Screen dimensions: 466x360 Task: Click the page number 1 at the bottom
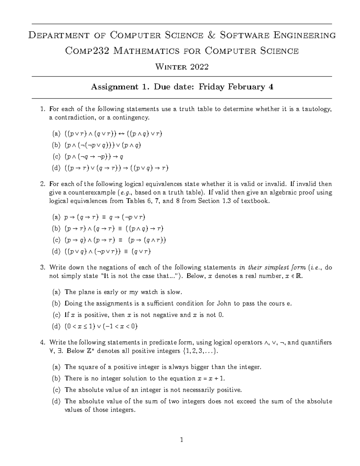[x=181, y=440]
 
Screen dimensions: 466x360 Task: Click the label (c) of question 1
[x=56, y=157]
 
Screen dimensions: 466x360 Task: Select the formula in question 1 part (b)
[x=102, y=145]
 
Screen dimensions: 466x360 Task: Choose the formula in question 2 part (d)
[x=107, y=251]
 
